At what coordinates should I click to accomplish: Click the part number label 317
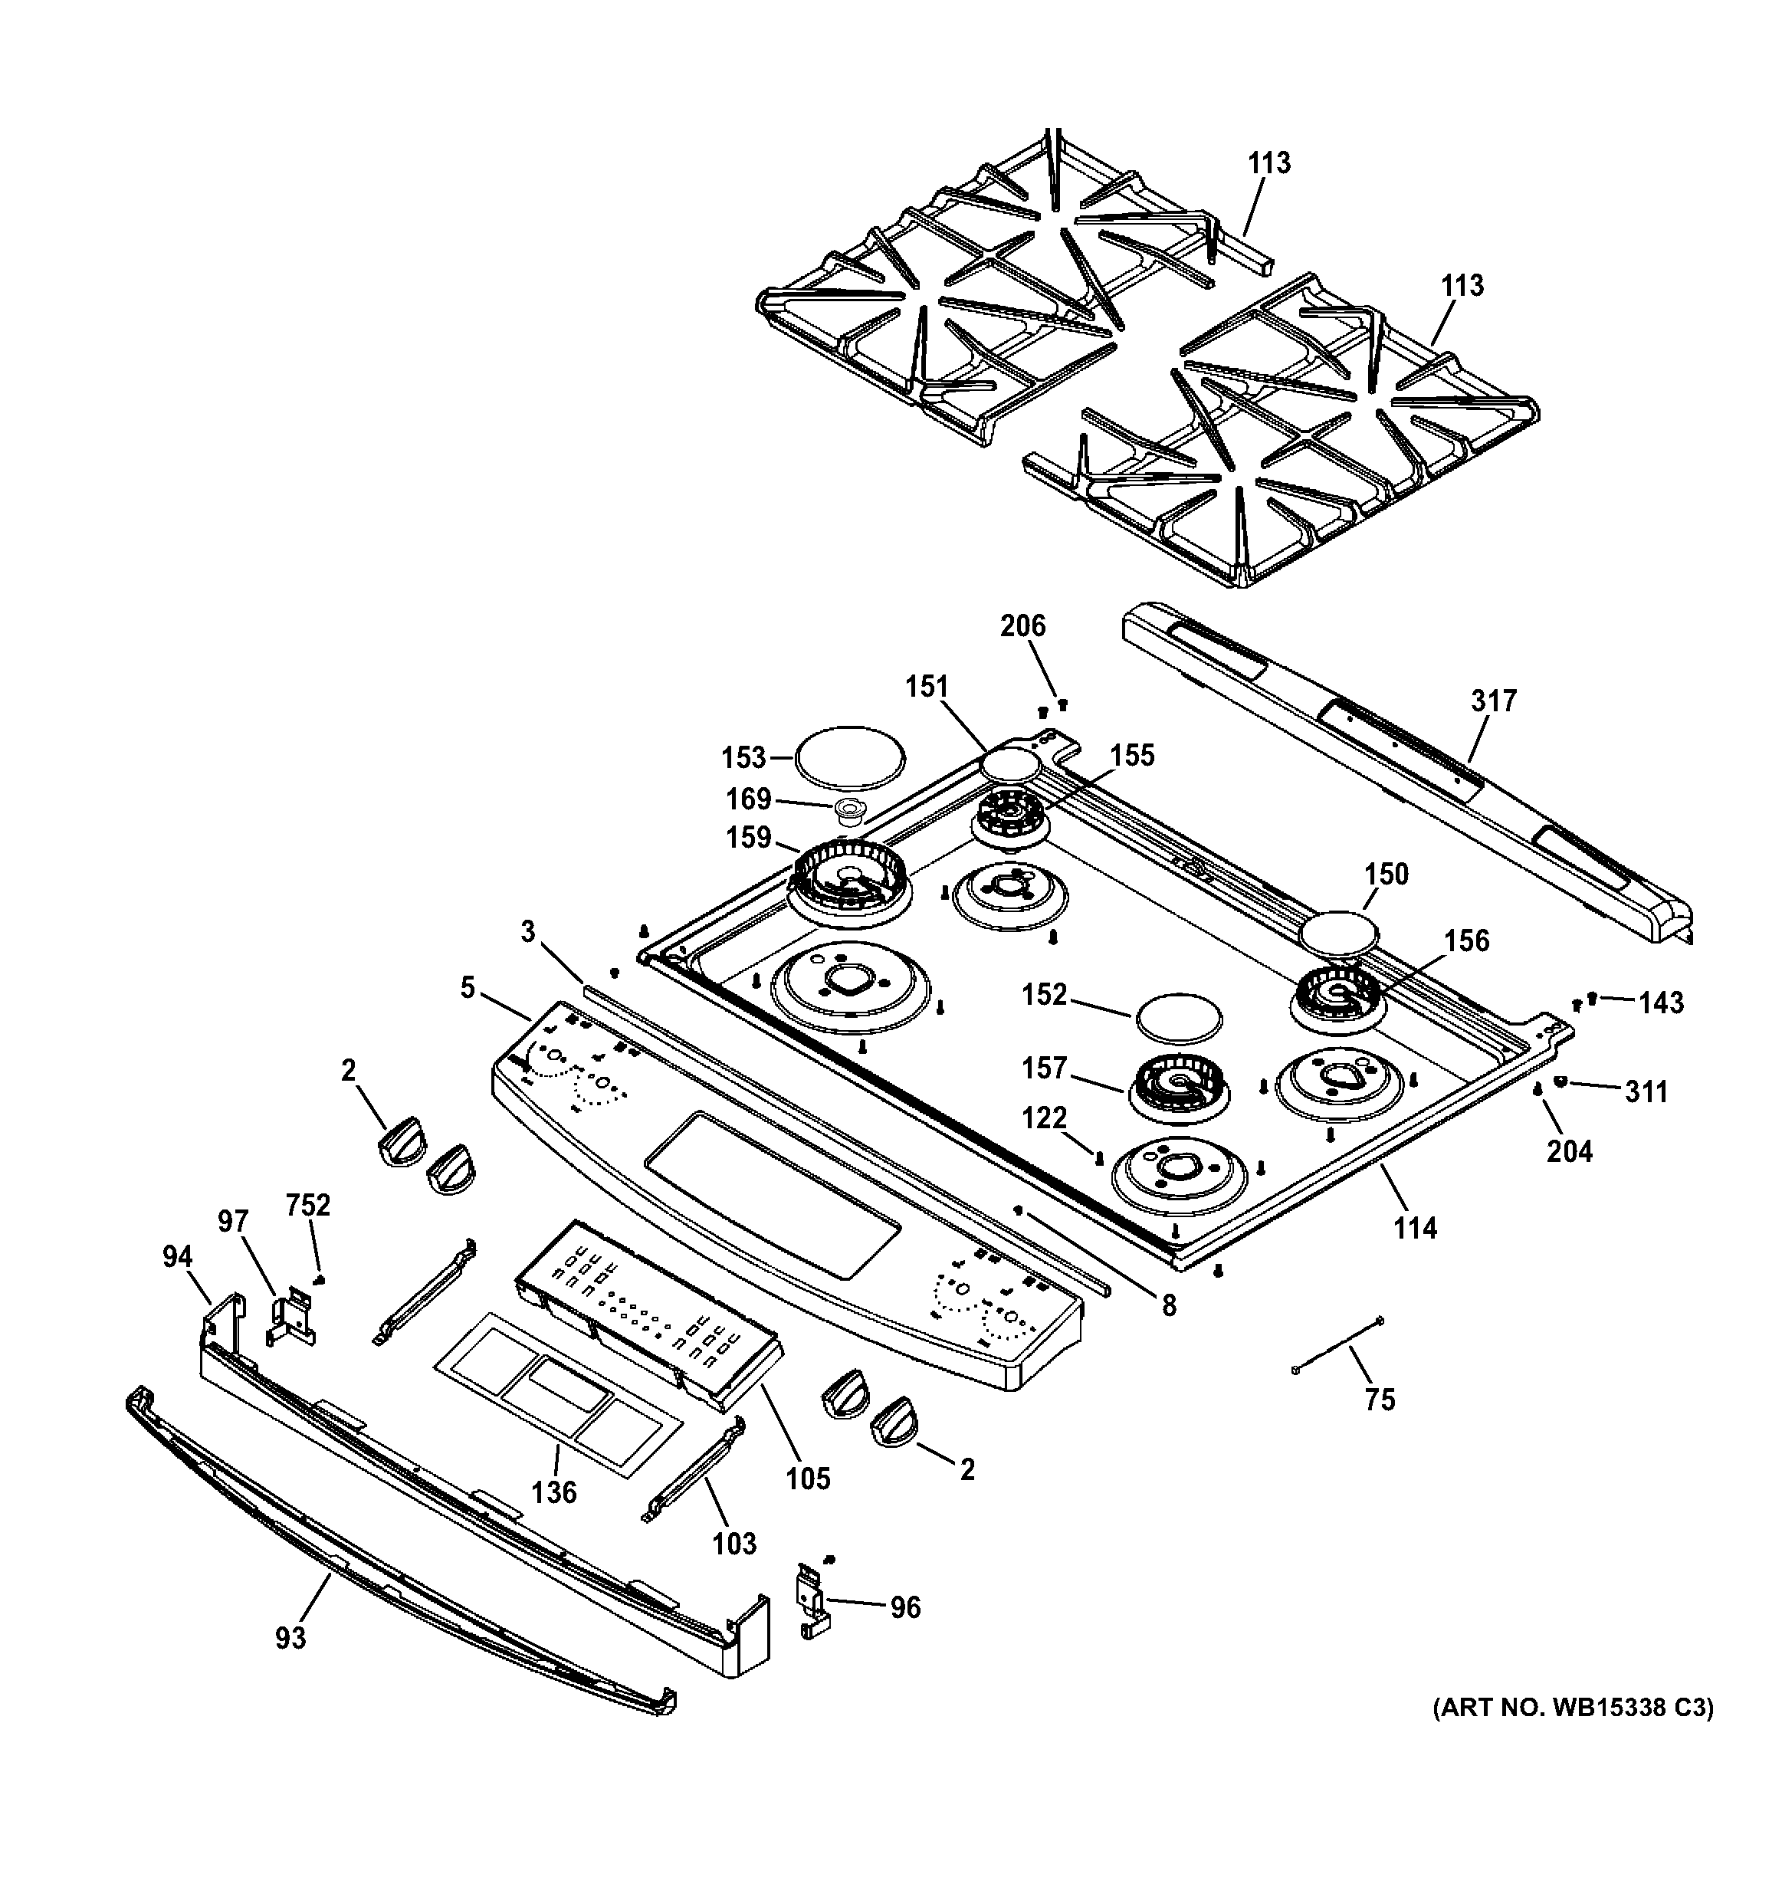click(1493, 701)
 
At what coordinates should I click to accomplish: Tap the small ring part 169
click(849, 811)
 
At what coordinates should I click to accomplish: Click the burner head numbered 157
click(1178, 1087)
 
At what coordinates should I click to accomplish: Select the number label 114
click(1415, 1228)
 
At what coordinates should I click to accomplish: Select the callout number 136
click(554, 1492)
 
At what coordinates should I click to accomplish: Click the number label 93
click(291, 1637)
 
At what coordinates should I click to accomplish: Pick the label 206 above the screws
click(1022, 626)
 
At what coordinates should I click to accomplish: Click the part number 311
click(1646, 1091)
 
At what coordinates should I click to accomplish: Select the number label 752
click(307, 1205)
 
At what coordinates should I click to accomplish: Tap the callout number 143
click(1662, 1002)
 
